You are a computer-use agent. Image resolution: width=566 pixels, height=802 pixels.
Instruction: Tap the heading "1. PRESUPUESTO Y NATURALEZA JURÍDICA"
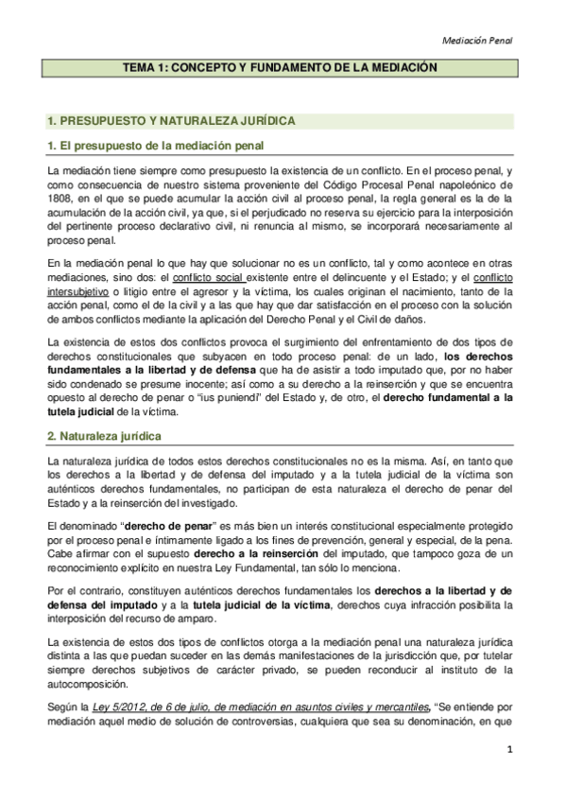pos(172,121)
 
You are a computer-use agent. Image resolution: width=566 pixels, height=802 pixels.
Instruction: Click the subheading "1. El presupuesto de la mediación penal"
pos(156,145)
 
